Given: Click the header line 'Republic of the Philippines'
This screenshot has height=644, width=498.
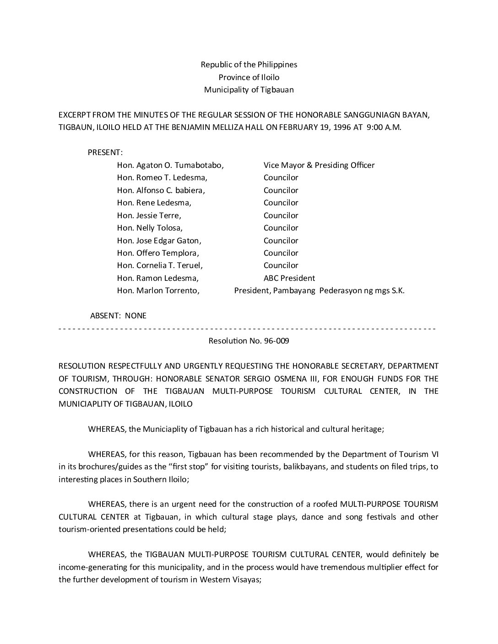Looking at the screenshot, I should pos(249,64).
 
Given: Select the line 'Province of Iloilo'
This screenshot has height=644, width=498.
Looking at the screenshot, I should pos(249,77).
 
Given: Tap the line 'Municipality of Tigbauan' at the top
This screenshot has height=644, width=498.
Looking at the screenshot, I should pos(249,90).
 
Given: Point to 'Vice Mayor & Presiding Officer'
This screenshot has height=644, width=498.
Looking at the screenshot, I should pos(319,165).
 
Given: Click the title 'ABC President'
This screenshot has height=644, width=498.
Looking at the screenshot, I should pos(289,278).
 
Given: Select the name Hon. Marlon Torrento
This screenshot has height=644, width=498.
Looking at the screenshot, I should pos(158,290).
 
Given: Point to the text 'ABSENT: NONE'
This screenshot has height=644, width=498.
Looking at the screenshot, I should pos(118,316).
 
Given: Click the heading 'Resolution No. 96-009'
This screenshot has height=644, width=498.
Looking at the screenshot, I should pos(249,341).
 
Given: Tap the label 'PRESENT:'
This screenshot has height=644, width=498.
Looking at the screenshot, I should pos(105,152).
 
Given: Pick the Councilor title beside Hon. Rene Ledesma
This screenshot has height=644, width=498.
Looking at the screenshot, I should pos(281,203).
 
